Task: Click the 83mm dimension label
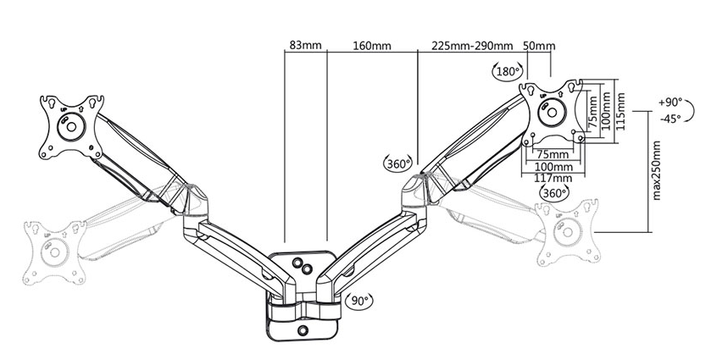[305, 46]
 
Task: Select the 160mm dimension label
[372, 46]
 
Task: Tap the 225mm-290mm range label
[472, 46]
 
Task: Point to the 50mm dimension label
[539, 46]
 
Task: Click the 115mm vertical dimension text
[621, 112]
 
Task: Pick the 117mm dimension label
[553, 178]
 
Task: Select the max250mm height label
[657, 170]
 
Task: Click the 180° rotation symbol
[508, 71]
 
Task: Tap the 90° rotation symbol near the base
[359, 300]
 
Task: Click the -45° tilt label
[670, 119]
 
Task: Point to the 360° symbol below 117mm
[554, 193]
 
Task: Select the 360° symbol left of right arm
[398, 163]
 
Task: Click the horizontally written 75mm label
[550, 155]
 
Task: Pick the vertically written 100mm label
[605, 111]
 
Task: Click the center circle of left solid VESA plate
[71, 126]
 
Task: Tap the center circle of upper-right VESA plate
[552, 112]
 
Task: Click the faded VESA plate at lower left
[55, 252]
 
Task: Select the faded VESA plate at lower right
[567, 233]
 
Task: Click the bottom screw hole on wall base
[303, 330]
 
